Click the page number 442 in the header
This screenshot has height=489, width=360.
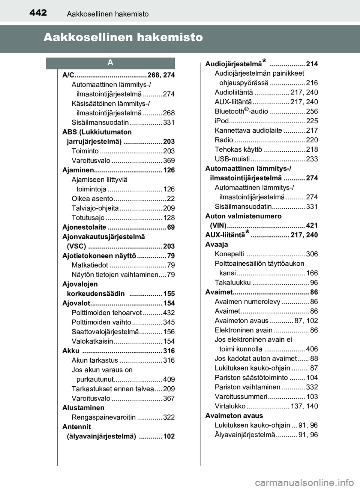pyautogui.click(x=38, y=13)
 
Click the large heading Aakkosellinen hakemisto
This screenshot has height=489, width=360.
pyautogui.click(x=123, y=37)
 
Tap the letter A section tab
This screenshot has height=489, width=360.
pyautogui.click(x=110, y=63)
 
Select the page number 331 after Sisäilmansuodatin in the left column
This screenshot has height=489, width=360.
pyautogui.click(x=169, y=123)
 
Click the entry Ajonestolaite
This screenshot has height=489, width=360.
pyautogui.click(x=84, y=227)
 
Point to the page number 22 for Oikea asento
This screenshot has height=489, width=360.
pyautogui.click(x=171, y=199)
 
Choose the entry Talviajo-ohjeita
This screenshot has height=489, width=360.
pyautogui.click(x=95, y=208)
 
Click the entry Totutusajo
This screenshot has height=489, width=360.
pyautogui.click(x=88, y=218)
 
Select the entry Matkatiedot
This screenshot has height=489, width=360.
pyautogui.click(x=90, y=265)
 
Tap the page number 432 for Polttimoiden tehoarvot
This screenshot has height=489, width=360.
pyautogui.click(x=169, y=313)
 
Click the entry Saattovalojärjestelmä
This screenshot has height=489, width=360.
pyautogui.click(x=105, y=332)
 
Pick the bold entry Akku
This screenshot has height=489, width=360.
pyautogui.click(x=71, y=351)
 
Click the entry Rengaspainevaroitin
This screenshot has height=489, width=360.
pyautogui.click(x=103, y=417)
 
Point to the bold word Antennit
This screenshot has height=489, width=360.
pyautogui.click(x=76, y=427)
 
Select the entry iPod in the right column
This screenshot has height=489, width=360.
pyautogui.click(x=222, y=121)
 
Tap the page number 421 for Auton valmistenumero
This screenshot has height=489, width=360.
pyautogui.click(x=312, y=226)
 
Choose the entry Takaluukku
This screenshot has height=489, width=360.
pyautogui.click(x=232, y=283)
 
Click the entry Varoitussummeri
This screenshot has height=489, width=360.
pyautogui.click(x=241, y=397)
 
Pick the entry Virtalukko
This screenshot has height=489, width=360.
pyautogui.click(x=230, y=406)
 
